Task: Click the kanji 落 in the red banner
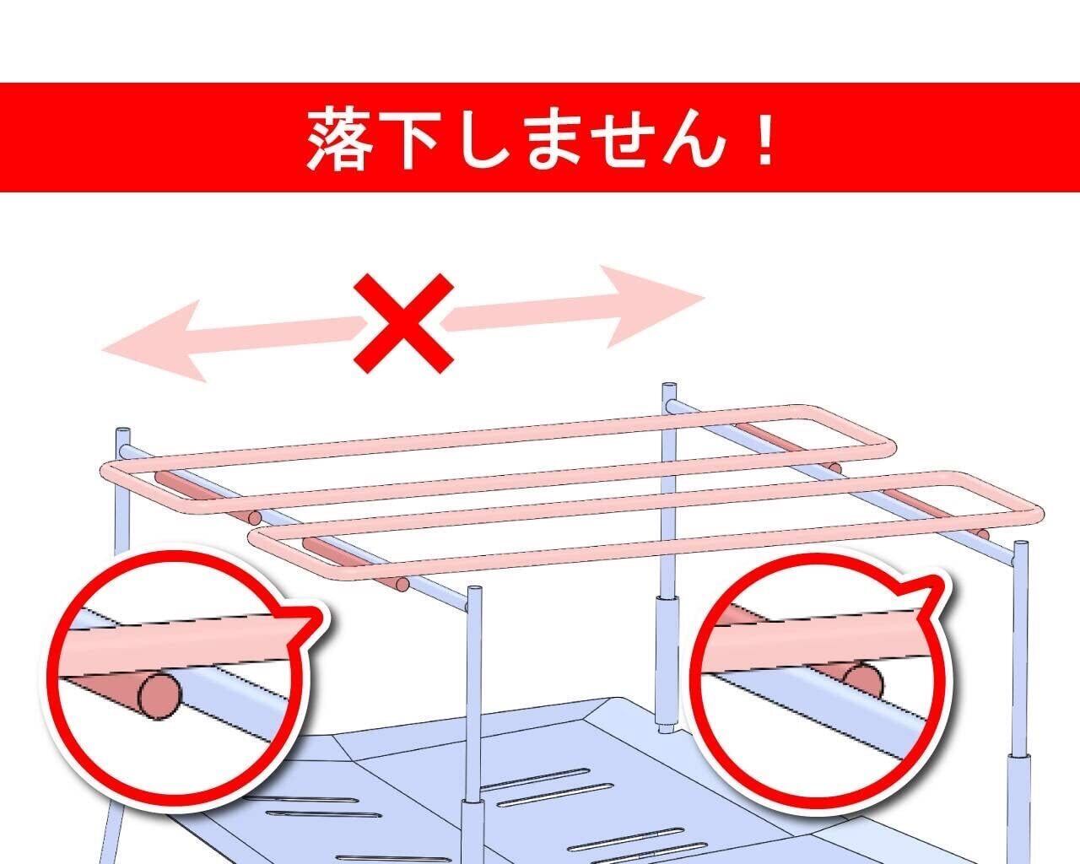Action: pyautogui.click(x=340, y=138)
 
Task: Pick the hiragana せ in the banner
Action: pyautogui.click(x=624, y=138)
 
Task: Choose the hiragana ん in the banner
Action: pyautogui.click(x=694, y=138)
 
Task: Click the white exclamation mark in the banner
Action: pyautogui.click(x=764, y=138)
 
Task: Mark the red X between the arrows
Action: pyautogui.click(x=404, y=323)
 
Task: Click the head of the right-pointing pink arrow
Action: pyautogui.click(x=652, y=306)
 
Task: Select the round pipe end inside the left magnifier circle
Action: pyautogui.click(x=159, y=697)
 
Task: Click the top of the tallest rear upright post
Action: pyautogui.click(x=669, y=387)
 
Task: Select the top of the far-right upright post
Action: pyautogui.click(x=1021, y=545)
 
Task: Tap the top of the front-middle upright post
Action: pyautogui.click(x=474, y=590)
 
